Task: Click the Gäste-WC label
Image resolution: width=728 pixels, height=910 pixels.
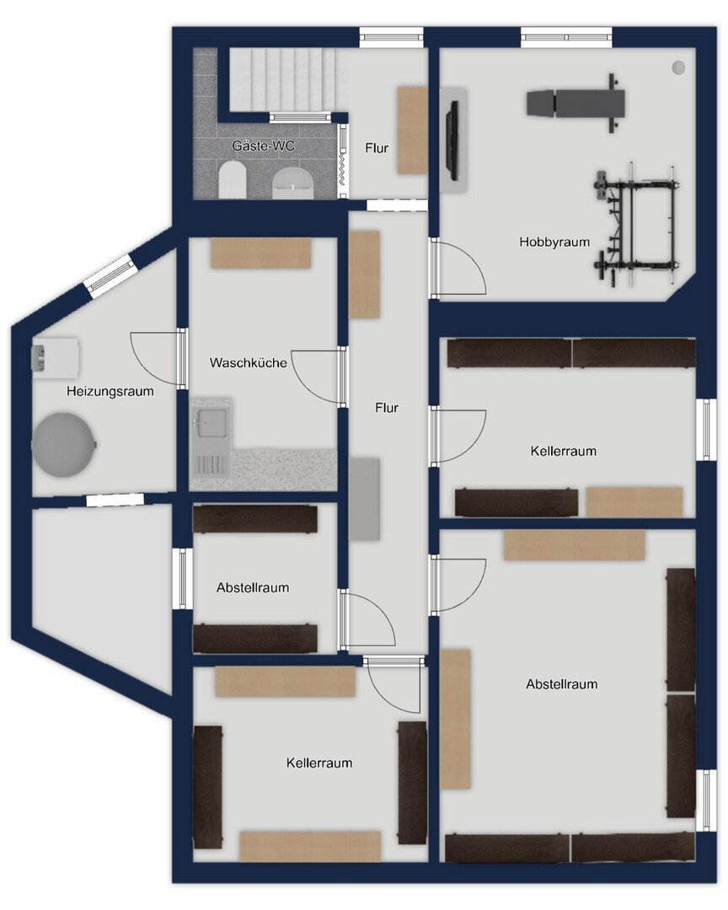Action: (263, 146)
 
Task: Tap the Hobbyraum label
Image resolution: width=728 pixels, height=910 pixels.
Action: (554, 242)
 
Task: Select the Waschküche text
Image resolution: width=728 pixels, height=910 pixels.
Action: (248, 362)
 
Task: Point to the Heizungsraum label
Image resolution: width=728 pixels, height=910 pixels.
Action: (110, 391)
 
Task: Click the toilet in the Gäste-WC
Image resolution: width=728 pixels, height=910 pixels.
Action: (233, 179)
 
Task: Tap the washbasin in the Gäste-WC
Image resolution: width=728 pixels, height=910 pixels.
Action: (294, 184)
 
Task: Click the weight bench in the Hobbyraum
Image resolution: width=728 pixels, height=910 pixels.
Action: (575, 102)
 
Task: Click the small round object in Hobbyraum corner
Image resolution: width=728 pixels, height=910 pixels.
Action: (678, 67)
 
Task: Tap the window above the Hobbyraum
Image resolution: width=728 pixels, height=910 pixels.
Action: (566, 37)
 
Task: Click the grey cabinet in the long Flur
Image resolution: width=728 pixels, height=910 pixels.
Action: (365, 499)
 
